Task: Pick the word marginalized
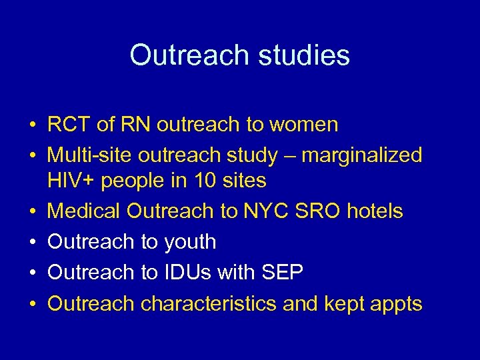(361, 155)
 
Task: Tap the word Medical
(84, 211)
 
